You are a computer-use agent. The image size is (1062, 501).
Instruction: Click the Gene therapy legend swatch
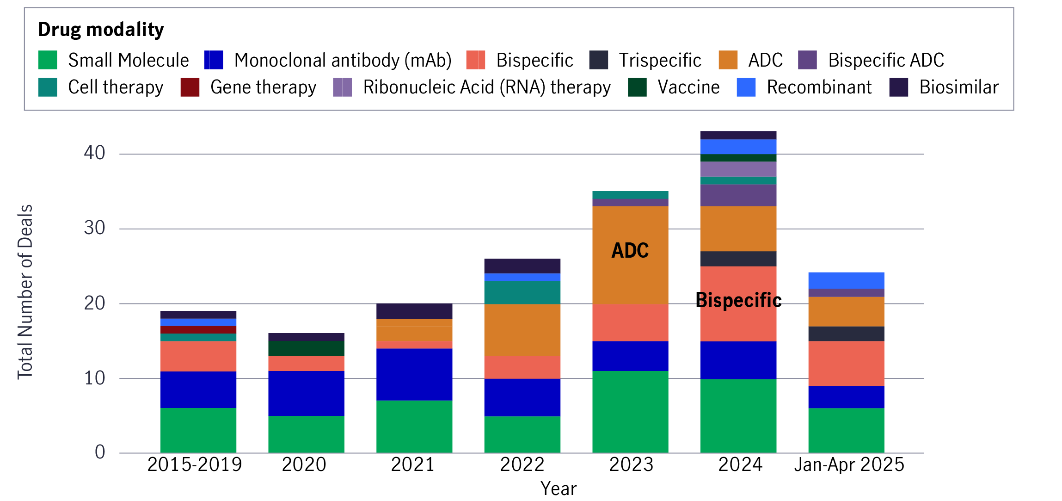click(x=190, y=87)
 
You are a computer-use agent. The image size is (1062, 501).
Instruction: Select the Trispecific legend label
click(x=660, y=60)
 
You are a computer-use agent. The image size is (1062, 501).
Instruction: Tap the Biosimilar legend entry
click(x=958, y=87)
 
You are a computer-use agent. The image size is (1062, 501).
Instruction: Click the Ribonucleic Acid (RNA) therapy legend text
click(x=486, y=87)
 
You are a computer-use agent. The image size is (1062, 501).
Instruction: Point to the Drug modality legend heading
click(x=101, y=30)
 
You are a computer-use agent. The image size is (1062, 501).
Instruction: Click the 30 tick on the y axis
click(x=95, y=228)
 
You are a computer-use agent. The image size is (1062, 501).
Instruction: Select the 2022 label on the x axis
click(x=522, y=464)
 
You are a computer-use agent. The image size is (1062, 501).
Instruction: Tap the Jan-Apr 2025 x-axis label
click(x=849, y=464)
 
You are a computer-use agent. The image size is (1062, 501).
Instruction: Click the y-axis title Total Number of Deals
click(x=25, y=291)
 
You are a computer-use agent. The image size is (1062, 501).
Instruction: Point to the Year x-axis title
click(x=559, y=489)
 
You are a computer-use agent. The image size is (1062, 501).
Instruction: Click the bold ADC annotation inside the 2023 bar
click(x=630, y=251)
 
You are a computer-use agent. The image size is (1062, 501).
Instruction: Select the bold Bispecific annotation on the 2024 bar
click(x=738, y=300)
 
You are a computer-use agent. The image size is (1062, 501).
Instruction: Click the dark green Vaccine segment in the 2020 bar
click(x=306, y=348)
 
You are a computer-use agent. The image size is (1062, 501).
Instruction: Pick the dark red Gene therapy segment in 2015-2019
click(x=198, y=330)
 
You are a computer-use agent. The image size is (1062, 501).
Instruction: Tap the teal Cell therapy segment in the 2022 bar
click(x=522, y=292)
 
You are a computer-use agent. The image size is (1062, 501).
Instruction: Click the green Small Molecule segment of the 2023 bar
click(x=630, y=412)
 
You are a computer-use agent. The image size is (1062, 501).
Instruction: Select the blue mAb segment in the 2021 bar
click(x=414, y=374)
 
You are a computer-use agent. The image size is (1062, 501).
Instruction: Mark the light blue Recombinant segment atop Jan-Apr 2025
click(x=846, y=280)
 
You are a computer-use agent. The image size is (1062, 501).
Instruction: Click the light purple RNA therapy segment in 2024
click(x=738, y=169)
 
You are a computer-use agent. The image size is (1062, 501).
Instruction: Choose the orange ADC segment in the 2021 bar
click(x=414, y=330)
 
